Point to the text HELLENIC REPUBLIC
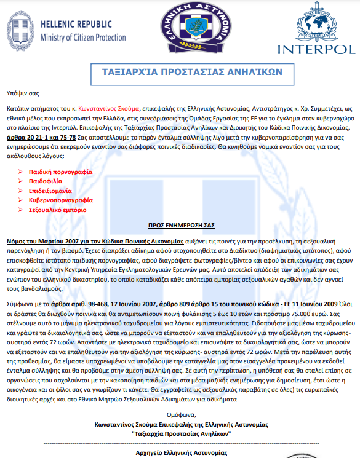(x=76, y=25)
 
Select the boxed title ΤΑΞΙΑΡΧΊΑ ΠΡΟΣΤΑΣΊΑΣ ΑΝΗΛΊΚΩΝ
(x=192, y=71)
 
